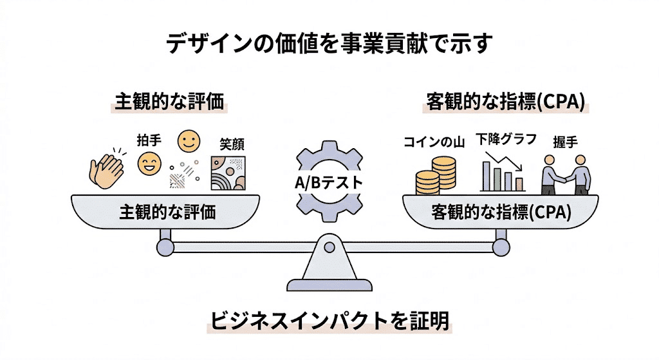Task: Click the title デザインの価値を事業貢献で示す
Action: click(x=329, y=43)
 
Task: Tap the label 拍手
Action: click(x=149, y=138)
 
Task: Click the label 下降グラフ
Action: click(x=506, y=138)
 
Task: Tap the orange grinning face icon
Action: click(x=149, y=164)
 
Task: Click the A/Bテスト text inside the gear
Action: click(x=329, y=182)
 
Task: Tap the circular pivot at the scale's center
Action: click(x=329, y=247)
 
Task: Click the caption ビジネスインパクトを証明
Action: click(x=329, y=320)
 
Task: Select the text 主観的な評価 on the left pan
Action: click(x=167, y=213)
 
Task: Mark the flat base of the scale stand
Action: click(x=329, y=285)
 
